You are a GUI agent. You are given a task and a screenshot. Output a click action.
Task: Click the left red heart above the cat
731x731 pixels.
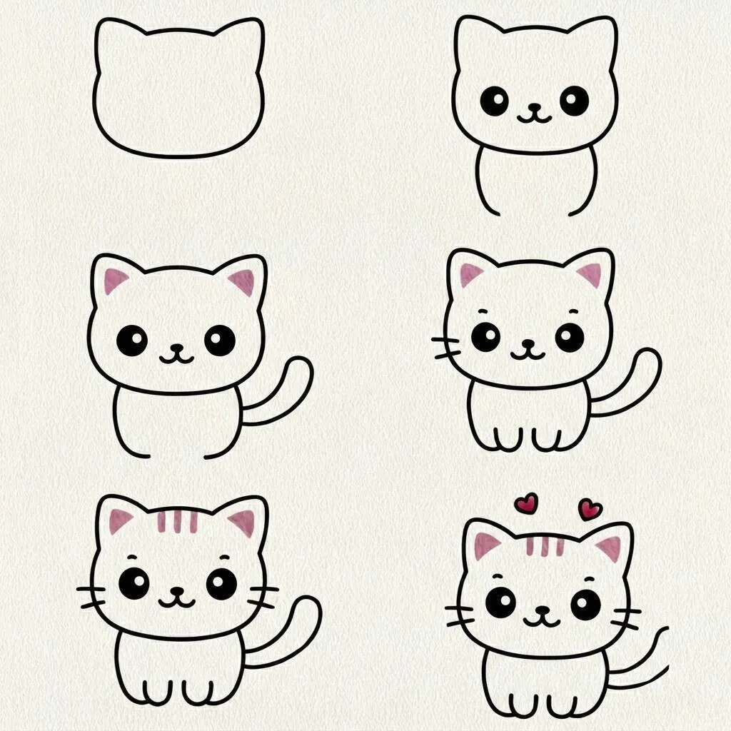click(526, 503)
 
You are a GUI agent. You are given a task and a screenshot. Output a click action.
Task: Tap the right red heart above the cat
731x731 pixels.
click(590, 508)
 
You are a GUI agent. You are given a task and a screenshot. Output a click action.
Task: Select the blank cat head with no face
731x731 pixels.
click(178, 89)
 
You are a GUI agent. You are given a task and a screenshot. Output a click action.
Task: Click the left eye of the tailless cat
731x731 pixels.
click(494, 101)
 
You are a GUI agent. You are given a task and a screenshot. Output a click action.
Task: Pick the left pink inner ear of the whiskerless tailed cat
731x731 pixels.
click(115, 281)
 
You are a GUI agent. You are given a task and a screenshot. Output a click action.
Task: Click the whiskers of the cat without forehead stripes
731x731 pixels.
click(447, 347)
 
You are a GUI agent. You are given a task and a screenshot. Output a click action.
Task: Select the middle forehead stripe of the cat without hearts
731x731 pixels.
click(177, 522)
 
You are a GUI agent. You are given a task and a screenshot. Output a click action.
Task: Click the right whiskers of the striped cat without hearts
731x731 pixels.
click(263, 596)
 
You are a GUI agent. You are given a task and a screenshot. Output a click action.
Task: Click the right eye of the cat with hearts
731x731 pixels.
click(585, 605)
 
